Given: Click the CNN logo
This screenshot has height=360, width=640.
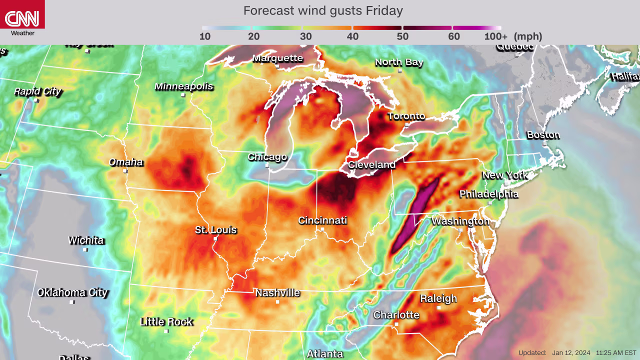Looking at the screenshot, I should [x=22, y=19].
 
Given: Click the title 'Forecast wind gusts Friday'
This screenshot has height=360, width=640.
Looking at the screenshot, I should [x=323, y=10].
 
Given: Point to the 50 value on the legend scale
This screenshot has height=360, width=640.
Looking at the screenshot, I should [x=402, y=36].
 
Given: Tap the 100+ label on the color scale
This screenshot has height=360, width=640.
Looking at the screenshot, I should [x=495, y=36].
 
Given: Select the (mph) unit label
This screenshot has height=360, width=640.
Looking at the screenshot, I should [x=527, y=36].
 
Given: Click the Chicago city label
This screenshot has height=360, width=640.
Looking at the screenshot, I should [x=267, y=157].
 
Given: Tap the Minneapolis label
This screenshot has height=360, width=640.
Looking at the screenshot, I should [x=183, y=86].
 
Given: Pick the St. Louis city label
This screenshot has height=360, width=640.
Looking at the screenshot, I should [x=215, y=230].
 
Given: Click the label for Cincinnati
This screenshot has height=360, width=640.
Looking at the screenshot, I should [x=322, y=220].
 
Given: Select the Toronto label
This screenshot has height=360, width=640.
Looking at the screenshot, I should [x=406, y=116].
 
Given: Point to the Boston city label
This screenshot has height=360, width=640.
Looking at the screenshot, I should [x=543, y=135].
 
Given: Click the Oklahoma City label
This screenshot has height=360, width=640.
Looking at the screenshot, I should [x=72, y=292].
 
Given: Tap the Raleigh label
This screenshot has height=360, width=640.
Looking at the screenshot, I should [x=438, y=298].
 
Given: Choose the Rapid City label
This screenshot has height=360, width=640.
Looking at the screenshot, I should [x=37, y=91].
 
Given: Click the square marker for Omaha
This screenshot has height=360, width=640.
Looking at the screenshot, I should [x=125, y=171].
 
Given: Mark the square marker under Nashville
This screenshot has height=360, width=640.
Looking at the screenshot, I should [x=277, y=302].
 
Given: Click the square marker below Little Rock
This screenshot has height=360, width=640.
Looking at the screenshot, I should [x=166, y=331].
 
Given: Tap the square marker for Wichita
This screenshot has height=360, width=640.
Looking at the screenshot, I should [x=85, y=249].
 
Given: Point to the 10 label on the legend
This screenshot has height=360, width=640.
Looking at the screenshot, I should [x=205, y=36].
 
